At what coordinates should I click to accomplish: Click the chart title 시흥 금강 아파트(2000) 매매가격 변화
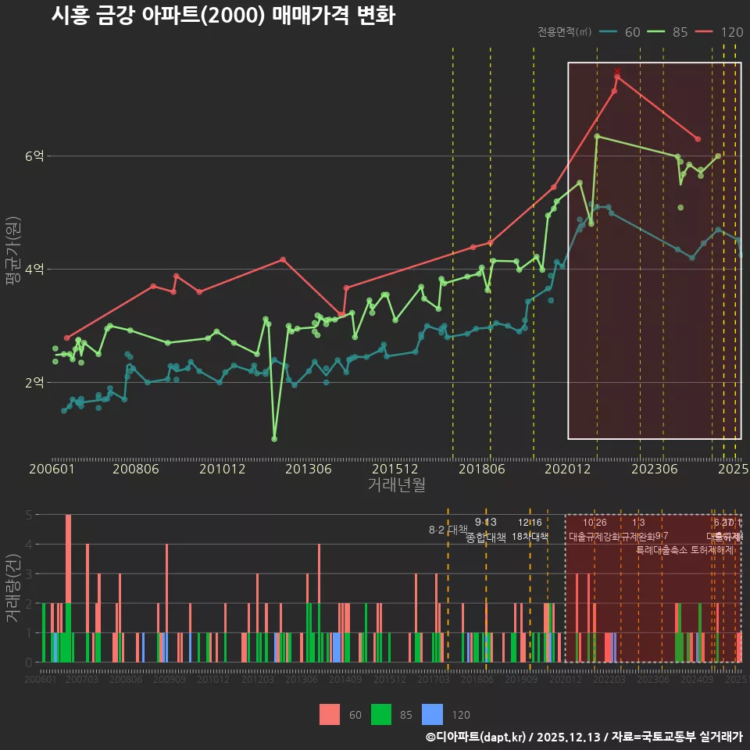pos(223,16)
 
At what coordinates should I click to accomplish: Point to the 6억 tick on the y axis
pos(34,156)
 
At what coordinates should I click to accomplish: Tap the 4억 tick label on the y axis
pos(34,270)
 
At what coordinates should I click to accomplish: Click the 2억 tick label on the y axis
pos(34,383)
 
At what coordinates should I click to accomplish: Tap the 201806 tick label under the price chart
pos(480,470)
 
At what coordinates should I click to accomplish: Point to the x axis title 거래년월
pos(396,485)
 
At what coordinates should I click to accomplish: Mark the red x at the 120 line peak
pos(617,71)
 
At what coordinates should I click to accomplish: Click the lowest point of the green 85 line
pos(274,439)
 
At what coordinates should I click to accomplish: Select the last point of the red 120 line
pos(698,139)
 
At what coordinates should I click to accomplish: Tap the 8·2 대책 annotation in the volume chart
pos(448,530)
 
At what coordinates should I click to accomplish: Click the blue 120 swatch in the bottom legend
pos(432,714)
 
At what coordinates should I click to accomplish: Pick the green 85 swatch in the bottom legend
pos(381,714)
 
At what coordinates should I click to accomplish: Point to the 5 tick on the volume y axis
pos(28,515)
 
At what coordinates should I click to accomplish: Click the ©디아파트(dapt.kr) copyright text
pos(477,737)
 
